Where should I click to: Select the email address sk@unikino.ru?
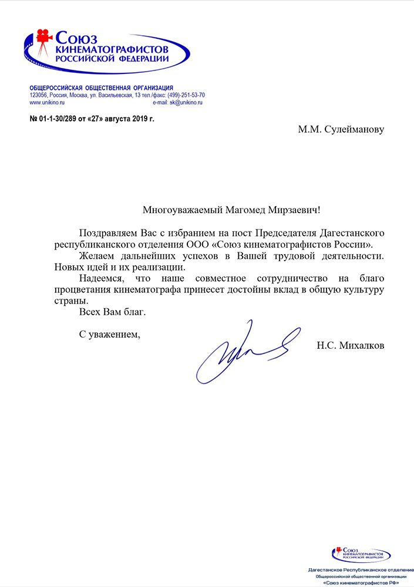click(x=186, y=103)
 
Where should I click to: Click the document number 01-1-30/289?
click(x=63, y=118)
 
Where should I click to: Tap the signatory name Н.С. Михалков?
click(x=351, y=346)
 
